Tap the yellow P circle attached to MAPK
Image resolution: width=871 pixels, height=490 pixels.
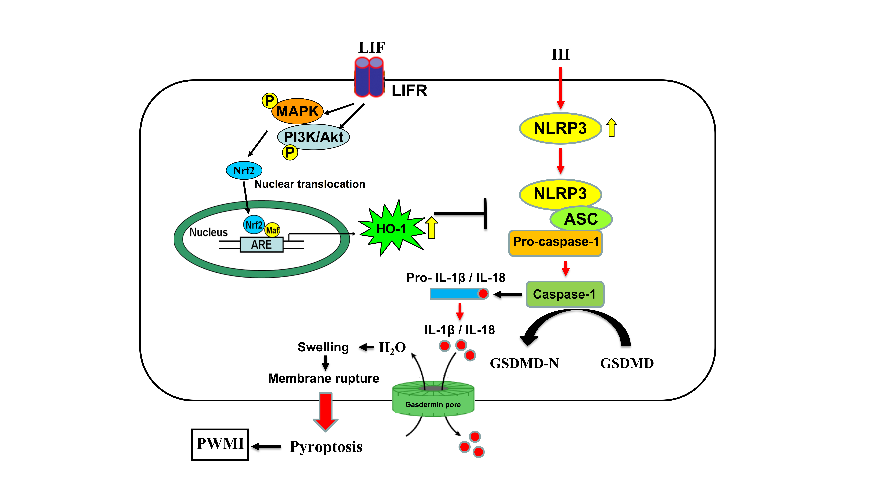coord(269,100)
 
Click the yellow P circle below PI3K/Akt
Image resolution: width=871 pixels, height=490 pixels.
coord(290,153)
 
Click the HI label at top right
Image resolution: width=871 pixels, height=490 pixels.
coord(560,54)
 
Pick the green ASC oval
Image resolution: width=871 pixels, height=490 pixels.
coord(581,219)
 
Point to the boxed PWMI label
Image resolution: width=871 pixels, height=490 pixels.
coord(220,444)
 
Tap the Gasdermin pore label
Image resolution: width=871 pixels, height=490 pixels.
coord(433,404)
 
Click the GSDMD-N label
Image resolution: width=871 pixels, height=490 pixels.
coord(524,363)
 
